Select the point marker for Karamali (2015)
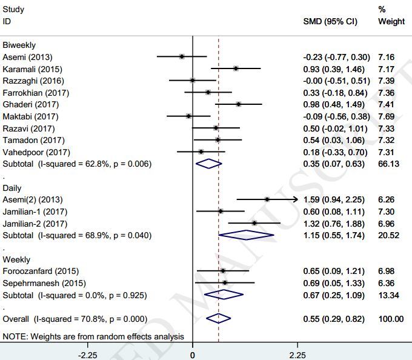[236, 68]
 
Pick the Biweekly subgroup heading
[19, 45]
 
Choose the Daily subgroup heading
[12, 188]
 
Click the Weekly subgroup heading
[16, 259]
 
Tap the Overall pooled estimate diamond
[218, 318]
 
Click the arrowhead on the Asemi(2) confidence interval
[296, 199]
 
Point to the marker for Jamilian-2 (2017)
[254, 223]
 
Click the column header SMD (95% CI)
[330, 21]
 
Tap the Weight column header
[391, 21]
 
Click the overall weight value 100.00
[391, 318]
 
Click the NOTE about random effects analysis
[93, 336]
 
